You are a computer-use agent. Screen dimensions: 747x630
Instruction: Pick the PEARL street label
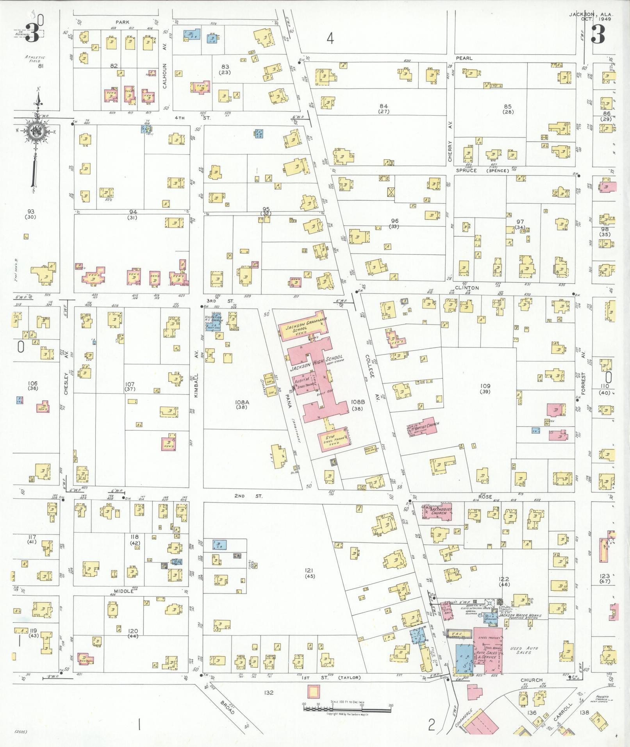coord(464,58)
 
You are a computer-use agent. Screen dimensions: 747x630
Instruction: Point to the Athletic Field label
coord(35,59)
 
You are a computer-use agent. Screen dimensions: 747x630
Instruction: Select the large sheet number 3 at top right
coord(598,34)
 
